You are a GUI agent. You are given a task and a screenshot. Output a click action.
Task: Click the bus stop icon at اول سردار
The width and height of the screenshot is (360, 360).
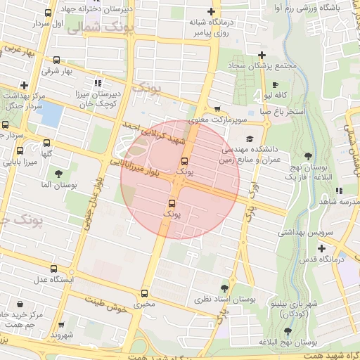[47, 13]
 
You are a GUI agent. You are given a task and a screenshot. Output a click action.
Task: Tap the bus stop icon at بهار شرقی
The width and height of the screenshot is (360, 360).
[56, 60]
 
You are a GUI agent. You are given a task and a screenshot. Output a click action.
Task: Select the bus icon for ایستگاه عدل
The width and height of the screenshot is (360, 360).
[54, 269]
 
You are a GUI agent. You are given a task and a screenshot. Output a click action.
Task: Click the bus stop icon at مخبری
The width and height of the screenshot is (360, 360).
[145, 293]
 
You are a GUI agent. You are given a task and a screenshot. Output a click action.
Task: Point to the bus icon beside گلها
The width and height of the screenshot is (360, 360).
[20, 150]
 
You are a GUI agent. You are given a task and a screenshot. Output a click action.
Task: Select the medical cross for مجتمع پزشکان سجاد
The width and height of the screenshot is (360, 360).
[262, 55]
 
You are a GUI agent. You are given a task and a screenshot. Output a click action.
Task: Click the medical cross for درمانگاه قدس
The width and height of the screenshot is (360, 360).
[321, 248]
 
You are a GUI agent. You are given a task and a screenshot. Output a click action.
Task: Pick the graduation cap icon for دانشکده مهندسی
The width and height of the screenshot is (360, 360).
[250, 139]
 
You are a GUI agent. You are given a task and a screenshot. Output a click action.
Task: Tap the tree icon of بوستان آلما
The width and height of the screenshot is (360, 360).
[58, 173]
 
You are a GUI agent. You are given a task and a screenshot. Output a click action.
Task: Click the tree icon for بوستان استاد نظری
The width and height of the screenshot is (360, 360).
[224, 288]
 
